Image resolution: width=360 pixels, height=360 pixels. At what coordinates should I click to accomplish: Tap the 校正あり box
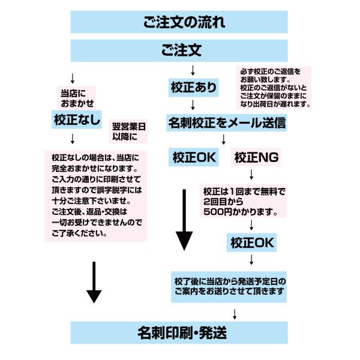coord(194,88)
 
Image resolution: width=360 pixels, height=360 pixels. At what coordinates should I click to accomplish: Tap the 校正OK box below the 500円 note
coord(251,242)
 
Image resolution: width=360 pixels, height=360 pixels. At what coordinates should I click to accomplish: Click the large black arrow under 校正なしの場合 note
coord(94,282)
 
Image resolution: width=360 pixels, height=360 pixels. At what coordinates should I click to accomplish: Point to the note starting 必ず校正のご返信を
coord(274,88)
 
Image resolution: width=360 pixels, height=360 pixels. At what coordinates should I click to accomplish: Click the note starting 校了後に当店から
coord(231,286)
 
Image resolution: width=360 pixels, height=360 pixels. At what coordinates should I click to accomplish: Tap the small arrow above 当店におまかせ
coord(73,79)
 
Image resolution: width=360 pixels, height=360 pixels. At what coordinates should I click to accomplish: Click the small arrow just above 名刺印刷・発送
coord(234,313)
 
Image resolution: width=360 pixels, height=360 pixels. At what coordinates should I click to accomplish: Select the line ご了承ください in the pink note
coord(80,233)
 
